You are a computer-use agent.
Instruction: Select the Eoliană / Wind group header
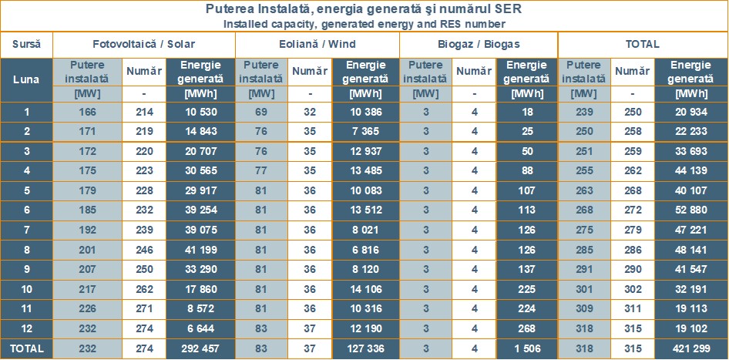[x=317, y=44]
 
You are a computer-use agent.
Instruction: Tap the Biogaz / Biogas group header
[x=479, y=44]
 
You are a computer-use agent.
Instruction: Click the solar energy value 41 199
[x=200, y=250]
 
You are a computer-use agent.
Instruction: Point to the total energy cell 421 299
[x=690, y=348]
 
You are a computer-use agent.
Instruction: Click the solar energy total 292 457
[x=200, y=348]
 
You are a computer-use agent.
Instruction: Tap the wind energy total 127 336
[x=365, y=348]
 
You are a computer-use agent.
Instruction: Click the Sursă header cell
[x=26, y=44]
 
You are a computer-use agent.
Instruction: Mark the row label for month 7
[x=26, y=230]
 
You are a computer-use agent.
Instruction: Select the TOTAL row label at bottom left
[x=26, y=348]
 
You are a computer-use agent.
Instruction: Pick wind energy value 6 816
[x=365, y=250]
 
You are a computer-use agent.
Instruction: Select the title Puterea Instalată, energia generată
[x=364, y=10]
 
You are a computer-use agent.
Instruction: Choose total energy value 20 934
[x=690, y=113]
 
